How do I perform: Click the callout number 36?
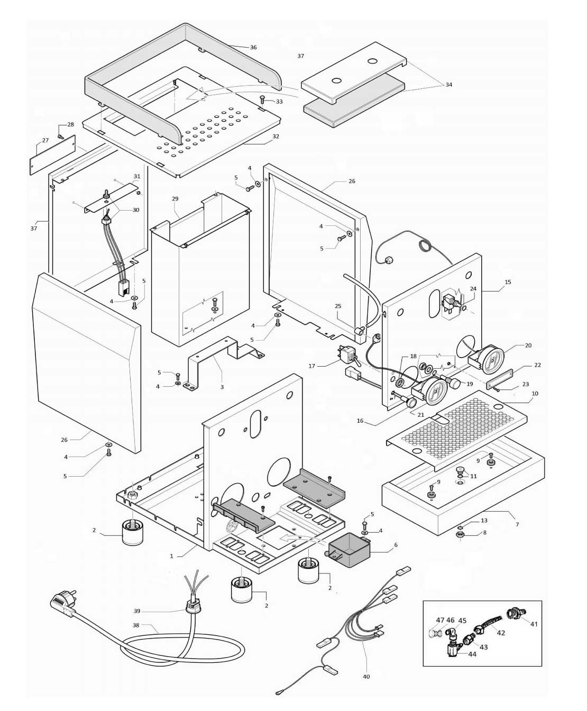point(253,48)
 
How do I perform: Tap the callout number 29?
point(176,199)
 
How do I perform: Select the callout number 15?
point(508,282)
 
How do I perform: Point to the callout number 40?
point(366,677)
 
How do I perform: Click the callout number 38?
point(136,625)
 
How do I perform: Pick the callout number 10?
point(535,394)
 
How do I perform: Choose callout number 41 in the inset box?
point(534,624)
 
